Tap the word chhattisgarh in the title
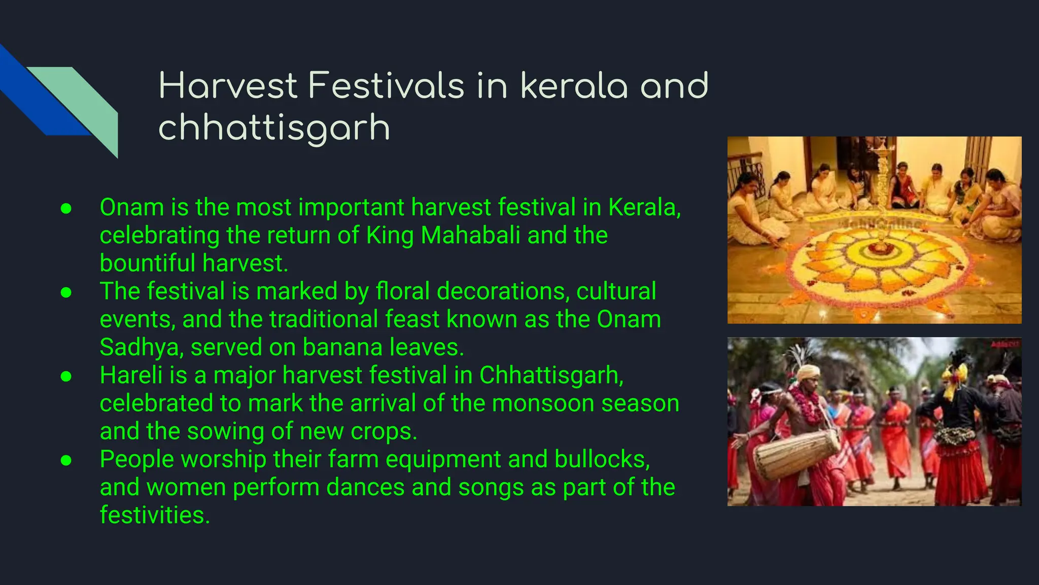[x=274, y=127]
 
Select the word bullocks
[x=602, y=460]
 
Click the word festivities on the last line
[x=154, y=515]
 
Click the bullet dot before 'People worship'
[x=66, y=460]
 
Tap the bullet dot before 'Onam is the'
[x=66, y=209]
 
